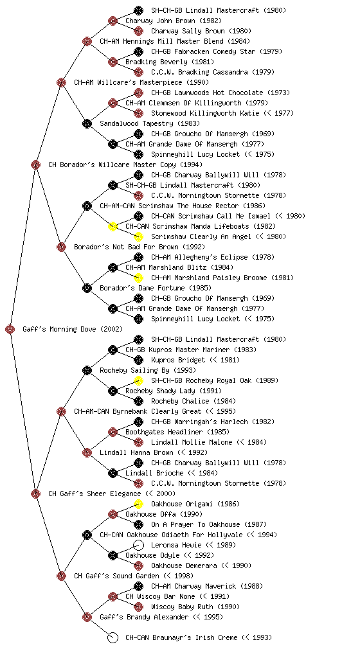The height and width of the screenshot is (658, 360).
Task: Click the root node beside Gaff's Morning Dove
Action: (10, 329)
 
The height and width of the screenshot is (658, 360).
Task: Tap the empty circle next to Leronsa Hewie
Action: (138, 545)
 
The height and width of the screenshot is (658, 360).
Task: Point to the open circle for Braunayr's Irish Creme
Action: (113, 637)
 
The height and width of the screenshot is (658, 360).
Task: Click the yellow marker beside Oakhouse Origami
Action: (138, 504)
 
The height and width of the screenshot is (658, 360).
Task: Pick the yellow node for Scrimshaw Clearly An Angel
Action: (138, 236)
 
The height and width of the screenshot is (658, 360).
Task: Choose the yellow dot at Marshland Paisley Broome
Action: (138, 278)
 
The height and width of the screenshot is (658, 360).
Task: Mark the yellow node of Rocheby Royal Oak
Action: (138, 380)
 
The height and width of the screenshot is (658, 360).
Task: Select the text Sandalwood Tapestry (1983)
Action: (150, 123)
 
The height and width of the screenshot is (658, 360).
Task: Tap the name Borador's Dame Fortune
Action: (142, 288)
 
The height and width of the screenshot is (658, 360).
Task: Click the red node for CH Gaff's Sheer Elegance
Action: (35, 493)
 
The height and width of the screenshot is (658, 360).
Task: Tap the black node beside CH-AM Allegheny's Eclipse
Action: (138, 257)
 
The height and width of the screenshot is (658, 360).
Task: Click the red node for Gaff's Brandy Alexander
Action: (87, 617)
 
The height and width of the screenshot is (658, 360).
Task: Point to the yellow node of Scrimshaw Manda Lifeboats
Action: (113, 226)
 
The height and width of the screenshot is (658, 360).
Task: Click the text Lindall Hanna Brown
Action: (136, 452)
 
